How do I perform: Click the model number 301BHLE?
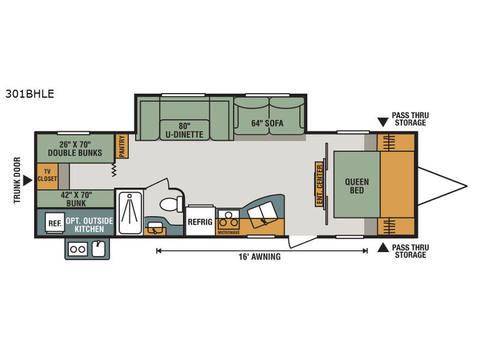click(x=29, y=94)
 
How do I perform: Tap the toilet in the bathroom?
click(x=171, y=204)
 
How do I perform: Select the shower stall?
click(x=130, y=212)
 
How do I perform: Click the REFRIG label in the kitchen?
click(x=200, y=222)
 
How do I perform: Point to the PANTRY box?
click(x=122, y=146)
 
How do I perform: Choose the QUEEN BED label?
click(x=357, y=186)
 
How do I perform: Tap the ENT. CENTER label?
click(x=320, y=184)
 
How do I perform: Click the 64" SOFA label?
click(x=267, y=124)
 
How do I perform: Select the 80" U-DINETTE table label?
click(x=184, y=130)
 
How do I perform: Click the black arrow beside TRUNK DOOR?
click(x=28, y=181)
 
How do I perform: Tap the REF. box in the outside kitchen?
click(x=55, y=223)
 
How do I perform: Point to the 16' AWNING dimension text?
click(x=260, y=257)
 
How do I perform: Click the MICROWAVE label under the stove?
click(x=229, y=233)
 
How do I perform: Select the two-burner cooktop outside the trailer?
click(x=78, y=249)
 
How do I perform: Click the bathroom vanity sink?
click(x=155, y=228)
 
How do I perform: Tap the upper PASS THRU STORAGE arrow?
click(x=383, y=122)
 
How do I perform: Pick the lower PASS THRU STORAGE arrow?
click(x=383, y=248)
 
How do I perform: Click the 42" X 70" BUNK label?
click(x=76, y=199)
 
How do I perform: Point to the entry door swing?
click(x=302, y=242)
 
